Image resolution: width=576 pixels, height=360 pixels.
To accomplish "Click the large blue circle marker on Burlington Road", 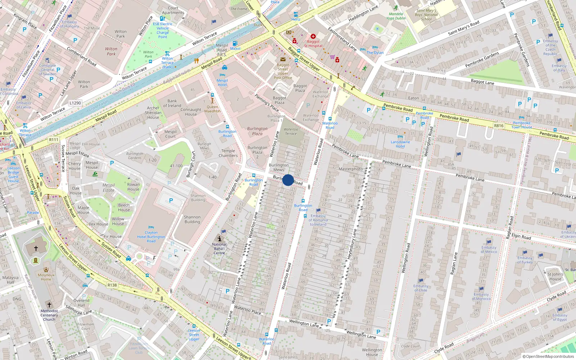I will pyautogui.click(x=288, y=180).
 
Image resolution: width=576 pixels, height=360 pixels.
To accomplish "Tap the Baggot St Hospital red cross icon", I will pyautogui.click(x=313, y=36).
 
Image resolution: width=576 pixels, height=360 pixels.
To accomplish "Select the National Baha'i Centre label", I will pyautogui.click(x=219, y=248).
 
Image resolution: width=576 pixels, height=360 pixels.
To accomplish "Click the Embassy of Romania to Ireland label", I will pyautogui.click(x=318, y=220).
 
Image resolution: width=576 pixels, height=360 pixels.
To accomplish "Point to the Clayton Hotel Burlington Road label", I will pyautogui.click(x=151, y=237).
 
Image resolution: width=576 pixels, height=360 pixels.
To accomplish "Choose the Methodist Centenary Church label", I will pyautogui.click(x=49, y=315).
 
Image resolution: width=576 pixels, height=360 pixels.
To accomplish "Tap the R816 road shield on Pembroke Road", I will pyautogui.click(x=499, y=126).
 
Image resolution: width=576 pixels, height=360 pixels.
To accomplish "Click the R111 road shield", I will pyautogui.click(x=54, y=140).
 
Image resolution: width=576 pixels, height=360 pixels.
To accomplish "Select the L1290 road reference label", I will pyautogui.click(x=75, y=103).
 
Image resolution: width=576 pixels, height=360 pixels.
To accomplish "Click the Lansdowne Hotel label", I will pyautogui.click(x=400, y=144).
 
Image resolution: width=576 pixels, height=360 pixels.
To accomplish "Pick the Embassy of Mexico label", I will pyautogui.click(x=489, y=249).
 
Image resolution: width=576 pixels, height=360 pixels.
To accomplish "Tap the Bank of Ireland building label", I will pyautogui.click(x=172, y=103).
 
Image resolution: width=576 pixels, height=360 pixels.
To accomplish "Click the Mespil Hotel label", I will pyautogui.click(x=222, y=82).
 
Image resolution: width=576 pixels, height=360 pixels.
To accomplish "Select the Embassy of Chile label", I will pyautogui.click(x=420, y=288).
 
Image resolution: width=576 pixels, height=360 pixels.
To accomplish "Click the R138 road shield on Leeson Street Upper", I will pyautogui.click(x=112, y=285).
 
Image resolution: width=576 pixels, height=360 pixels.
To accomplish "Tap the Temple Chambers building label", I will pyautogui.click(x=228, y=153).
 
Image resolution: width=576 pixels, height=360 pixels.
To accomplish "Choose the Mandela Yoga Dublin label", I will pyautogui.click(x=396, y=16).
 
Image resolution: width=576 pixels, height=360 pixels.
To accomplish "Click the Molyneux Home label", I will pyautogui.click(x=46, y=277).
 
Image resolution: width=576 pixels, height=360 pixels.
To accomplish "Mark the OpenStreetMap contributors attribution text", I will pyautogui.click(x=548, y=356).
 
